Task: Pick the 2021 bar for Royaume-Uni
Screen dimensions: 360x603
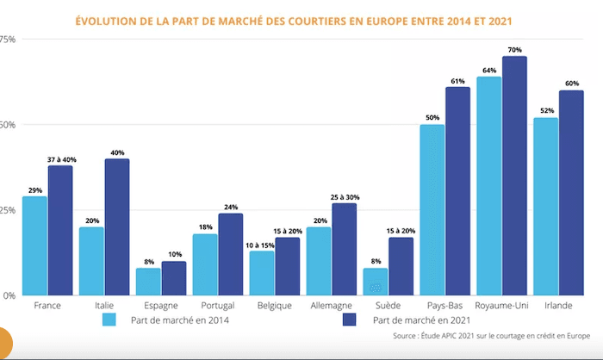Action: (514, 176)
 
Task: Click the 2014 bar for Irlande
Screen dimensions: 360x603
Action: (545, 206)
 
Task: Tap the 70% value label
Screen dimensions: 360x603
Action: (514, 50)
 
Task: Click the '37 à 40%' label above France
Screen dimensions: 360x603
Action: (59, 159)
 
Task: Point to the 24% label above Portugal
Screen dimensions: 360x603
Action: (230, 207)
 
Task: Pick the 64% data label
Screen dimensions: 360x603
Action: (488, 70)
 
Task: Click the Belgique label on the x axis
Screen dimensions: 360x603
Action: (274, 306)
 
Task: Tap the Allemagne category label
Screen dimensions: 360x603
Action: (331, 306)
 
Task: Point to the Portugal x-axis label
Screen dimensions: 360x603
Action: (217, 306)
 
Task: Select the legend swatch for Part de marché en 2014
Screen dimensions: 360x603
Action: (109, 320)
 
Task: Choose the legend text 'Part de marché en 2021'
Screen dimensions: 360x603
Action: (423, 320)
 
